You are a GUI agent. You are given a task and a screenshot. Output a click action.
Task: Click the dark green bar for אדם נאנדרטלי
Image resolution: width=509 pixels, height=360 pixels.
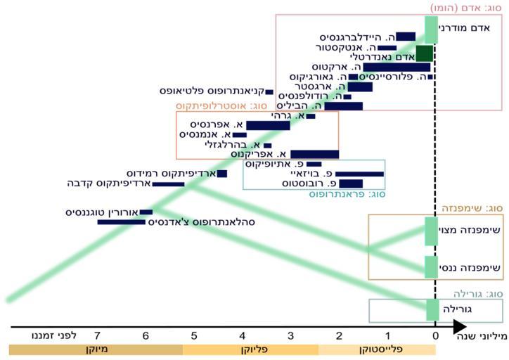(424, 53)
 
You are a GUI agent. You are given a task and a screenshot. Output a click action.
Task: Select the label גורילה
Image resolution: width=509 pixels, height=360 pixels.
(457, 309)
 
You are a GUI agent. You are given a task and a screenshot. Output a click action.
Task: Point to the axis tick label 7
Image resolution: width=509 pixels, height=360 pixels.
(97, 336)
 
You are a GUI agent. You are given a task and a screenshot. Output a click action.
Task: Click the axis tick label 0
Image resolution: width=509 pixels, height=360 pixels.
(435, 336)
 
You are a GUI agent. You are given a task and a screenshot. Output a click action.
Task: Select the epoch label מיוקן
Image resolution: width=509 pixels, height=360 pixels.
(96, 349)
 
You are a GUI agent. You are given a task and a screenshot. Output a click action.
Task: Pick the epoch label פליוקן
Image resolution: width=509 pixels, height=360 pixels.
(250, 349)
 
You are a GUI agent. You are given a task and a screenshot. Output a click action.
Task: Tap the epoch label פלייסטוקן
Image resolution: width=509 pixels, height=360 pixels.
(377, 349)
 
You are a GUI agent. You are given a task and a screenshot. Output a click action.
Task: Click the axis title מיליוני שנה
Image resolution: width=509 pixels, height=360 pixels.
(484, 337)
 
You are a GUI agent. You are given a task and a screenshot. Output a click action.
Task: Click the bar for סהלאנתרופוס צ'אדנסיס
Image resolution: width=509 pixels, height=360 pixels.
(121, 222)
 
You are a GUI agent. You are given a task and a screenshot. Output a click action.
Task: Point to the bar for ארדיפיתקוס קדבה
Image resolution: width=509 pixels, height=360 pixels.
(168, 184)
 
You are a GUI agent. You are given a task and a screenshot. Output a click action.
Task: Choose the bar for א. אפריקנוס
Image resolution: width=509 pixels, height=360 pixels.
(314, 154)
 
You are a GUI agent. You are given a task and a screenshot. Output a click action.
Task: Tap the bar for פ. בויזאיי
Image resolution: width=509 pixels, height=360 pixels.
(359, 174)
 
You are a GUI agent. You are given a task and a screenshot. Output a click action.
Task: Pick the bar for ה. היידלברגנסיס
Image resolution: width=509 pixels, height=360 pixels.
(406, 37)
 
